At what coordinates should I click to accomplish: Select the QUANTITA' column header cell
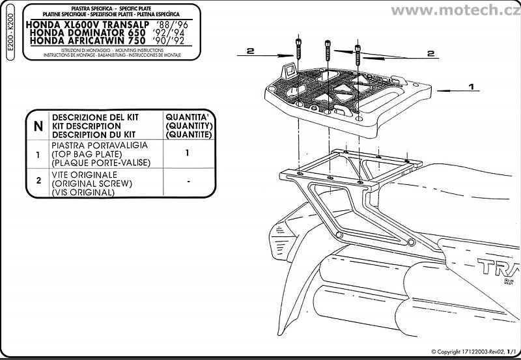pyautogui.click(x=188, y=124)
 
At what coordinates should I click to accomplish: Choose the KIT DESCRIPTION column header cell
pyautogui.click(x=104, y=124)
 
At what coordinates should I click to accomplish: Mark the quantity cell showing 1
pyautogui.click(x=188, y=154)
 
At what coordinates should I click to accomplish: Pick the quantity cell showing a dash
pyautogui.click(x=188, y=184)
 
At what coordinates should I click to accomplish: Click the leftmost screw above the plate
pyautogui.click(x=298, y=49)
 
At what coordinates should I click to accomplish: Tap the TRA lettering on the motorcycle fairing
pyautogui.click(x=491, y=268)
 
